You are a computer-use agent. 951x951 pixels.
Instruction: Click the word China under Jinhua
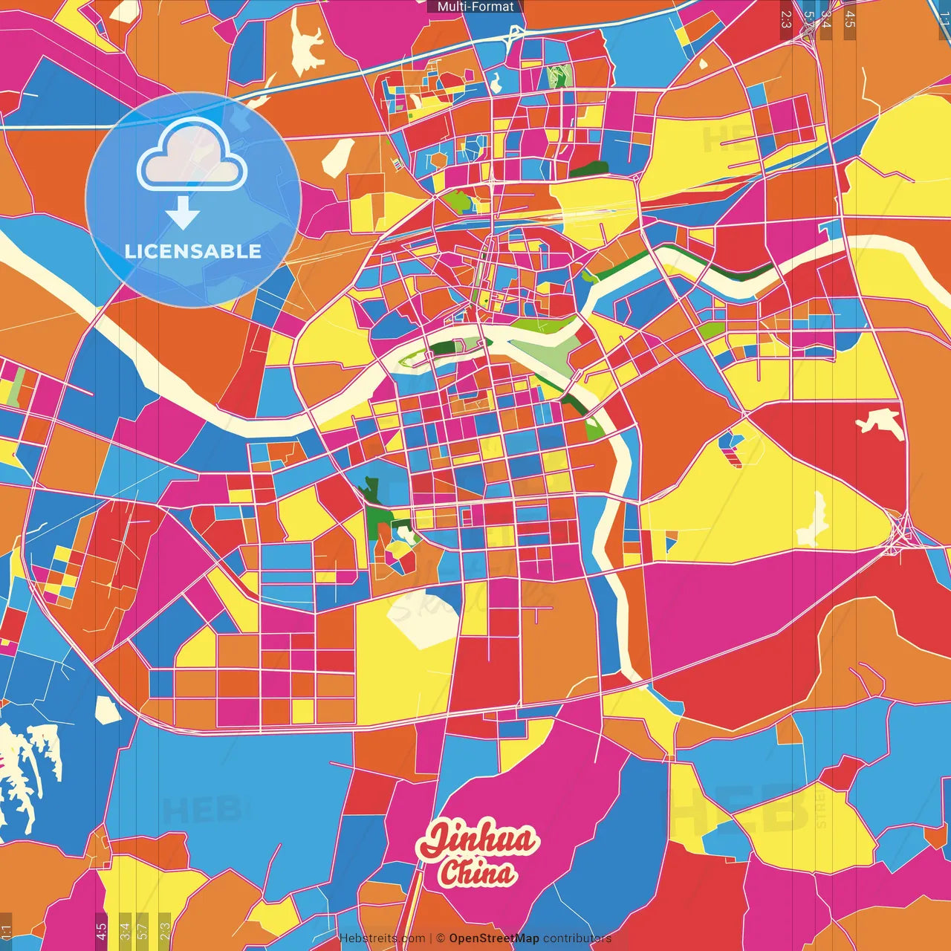click(477, 874)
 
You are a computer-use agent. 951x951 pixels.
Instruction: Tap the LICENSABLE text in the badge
click(193, 251)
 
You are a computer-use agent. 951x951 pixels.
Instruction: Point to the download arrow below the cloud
click(183, 213)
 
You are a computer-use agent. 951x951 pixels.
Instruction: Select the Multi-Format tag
click(475, 7)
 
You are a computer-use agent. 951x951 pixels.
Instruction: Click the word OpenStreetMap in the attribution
click(493, 938)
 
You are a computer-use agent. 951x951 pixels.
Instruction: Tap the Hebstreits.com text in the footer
click(382, 938)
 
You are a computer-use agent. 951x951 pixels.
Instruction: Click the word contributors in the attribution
click(577, 938)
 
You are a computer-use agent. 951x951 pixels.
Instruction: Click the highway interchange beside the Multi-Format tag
click(513, 33)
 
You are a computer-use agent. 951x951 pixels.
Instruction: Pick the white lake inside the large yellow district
click(812, 521)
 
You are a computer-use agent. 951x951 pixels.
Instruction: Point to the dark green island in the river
click(443, 347)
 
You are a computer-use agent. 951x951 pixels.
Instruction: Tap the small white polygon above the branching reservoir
click(108, 709)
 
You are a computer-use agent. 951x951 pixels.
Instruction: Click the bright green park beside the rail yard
click(458, 201)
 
